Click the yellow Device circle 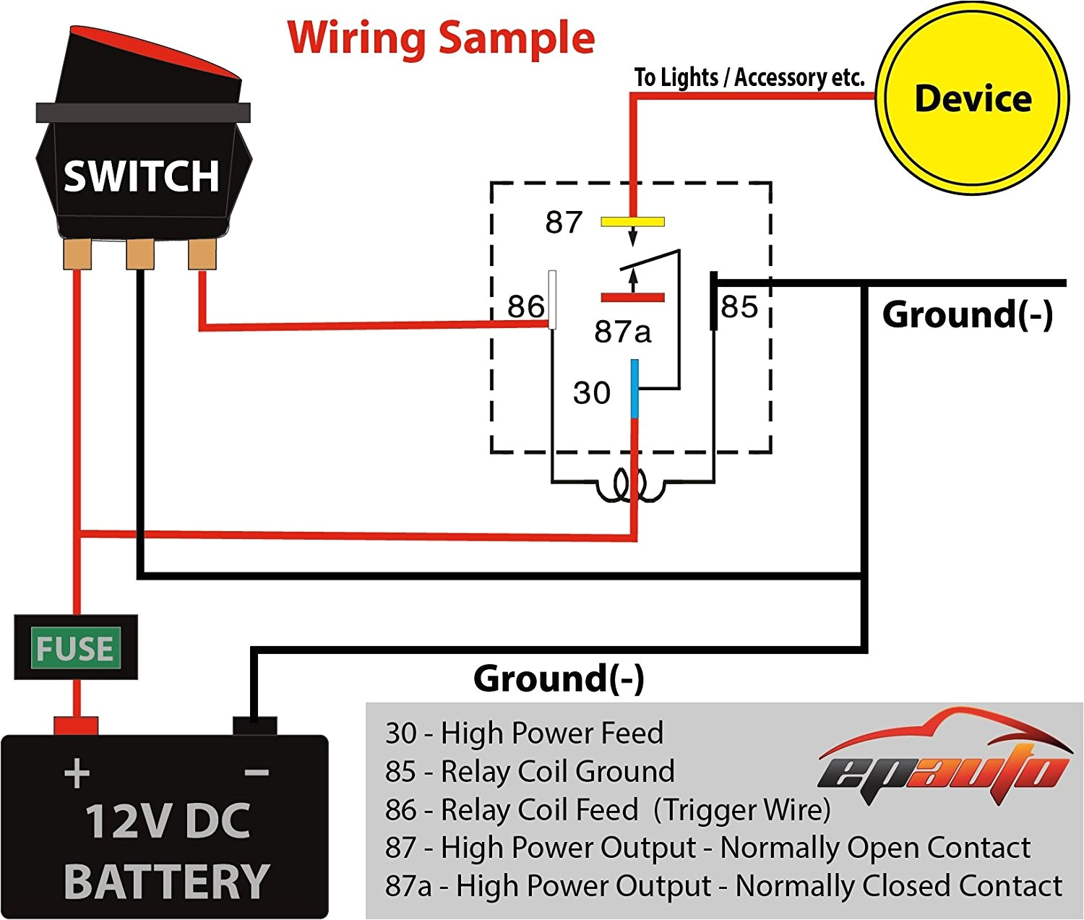[972, 99]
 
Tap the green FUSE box [75, 648]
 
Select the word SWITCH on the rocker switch [141, 176]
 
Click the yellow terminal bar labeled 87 [632, 222]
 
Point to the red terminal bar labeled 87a [632, 297]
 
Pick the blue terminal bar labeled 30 [635, 389]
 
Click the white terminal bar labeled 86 [552, 299]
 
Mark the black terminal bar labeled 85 [713, 301]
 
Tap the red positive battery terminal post [76, 726]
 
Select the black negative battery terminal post [254, 726]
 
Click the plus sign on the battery [77, 775]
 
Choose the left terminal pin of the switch [77, 254]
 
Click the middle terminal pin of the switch [139, 254]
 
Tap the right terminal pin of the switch [202, 254]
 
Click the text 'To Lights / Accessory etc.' [749, 77]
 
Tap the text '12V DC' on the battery [168, 822]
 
